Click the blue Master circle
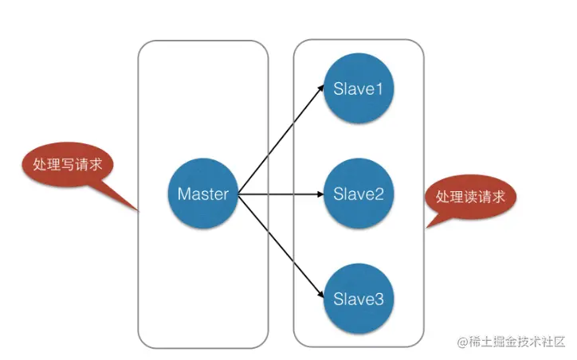pos(203,194)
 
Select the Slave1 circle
pos(358,89)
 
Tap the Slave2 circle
pos(358,194)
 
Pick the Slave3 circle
pos(358,299)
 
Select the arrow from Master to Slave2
pos(279,194)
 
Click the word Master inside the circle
pos(203,194)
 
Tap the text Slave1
pos(358,89)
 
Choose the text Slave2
pos(358,194)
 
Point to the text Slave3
pos(358,299)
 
